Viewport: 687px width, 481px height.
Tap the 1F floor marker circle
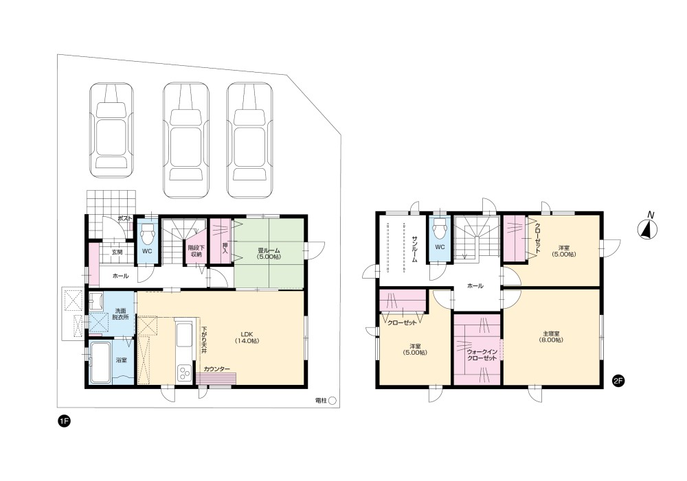click(x=65, y=421)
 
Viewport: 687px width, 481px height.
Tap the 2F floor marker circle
click(x=618, y=381)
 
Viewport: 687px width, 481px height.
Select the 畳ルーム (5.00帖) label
click(x=269, y=254)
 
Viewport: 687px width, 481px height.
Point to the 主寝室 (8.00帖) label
click(x=551, y=336)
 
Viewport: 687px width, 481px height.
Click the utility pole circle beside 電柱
click(x=332, y=400)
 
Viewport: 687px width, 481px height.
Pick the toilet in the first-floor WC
click(x=147, y=235)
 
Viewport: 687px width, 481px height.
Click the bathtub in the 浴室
click(x=100, y=362)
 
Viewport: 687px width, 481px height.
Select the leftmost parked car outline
click(x=112, y=130)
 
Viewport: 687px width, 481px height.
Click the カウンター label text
click(x=216, y=369)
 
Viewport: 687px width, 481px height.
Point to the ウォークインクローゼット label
click(x=482, y=355)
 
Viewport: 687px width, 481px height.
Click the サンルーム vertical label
click(x=415, y=248)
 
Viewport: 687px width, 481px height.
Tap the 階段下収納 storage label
click(x=196, y=250)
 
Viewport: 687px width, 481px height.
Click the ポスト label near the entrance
click(x=125, y=218)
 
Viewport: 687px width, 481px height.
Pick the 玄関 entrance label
click(x=117, y=252)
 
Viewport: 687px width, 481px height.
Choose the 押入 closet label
click(x=225, y=248)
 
